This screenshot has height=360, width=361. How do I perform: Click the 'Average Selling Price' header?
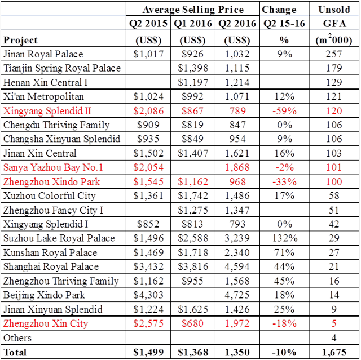pyautogui.click(x=193, y=9)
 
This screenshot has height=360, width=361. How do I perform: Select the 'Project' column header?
pyautogui.click(x=20, y=40)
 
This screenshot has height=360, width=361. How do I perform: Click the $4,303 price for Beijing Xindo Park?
pyautogui.click(x=148, y=295)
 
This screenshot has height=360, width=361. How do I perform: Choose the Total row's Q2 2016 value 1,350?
pyautogui.click(x=236, y=352)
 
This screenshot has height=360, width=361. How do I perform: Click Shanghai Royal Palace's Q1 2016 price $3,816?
pyautogui.click(x=193, y=267)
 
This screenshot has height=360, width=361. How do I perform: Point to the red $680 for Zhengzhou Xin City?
pyautogui.click(x=193, y=323)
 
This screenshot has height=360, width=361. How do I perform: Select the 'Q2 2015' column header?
pyautogui.click(x=148, y=24)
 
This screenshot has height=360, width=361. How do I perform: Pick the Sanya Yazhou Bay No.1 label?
pyautogui.click(x=53, y=167)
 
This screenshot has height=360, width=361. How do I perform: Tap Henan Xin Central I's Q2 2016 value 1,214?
pyautogui.click(x=236, y=82)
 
